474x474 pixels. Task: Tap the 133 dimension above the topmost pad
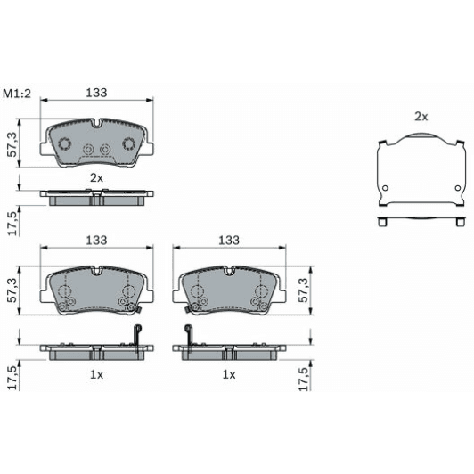pos(97,92)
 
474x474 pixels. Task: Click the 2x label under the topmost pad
pos(96,177)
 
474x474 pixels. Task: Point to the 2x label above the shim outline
pos(421,117)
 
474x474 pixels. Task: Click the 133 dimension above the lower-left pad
pos(96,241)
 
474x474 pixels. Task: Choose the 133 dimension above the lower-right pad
pos(229,241)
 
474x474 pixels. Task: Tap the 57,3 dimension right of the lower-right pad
pos(306,290)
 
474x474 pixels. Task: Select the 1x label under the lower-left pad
pos(96,375)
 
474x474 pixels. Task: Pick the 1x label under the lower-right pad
pos(229,375)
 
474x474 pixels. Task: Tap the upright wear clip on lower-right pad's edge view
pos(188,337)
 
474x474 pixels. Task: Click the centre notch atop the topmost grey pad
pos(96,124)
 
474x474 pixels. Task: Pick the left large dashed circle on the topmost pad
pos(64,145)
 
